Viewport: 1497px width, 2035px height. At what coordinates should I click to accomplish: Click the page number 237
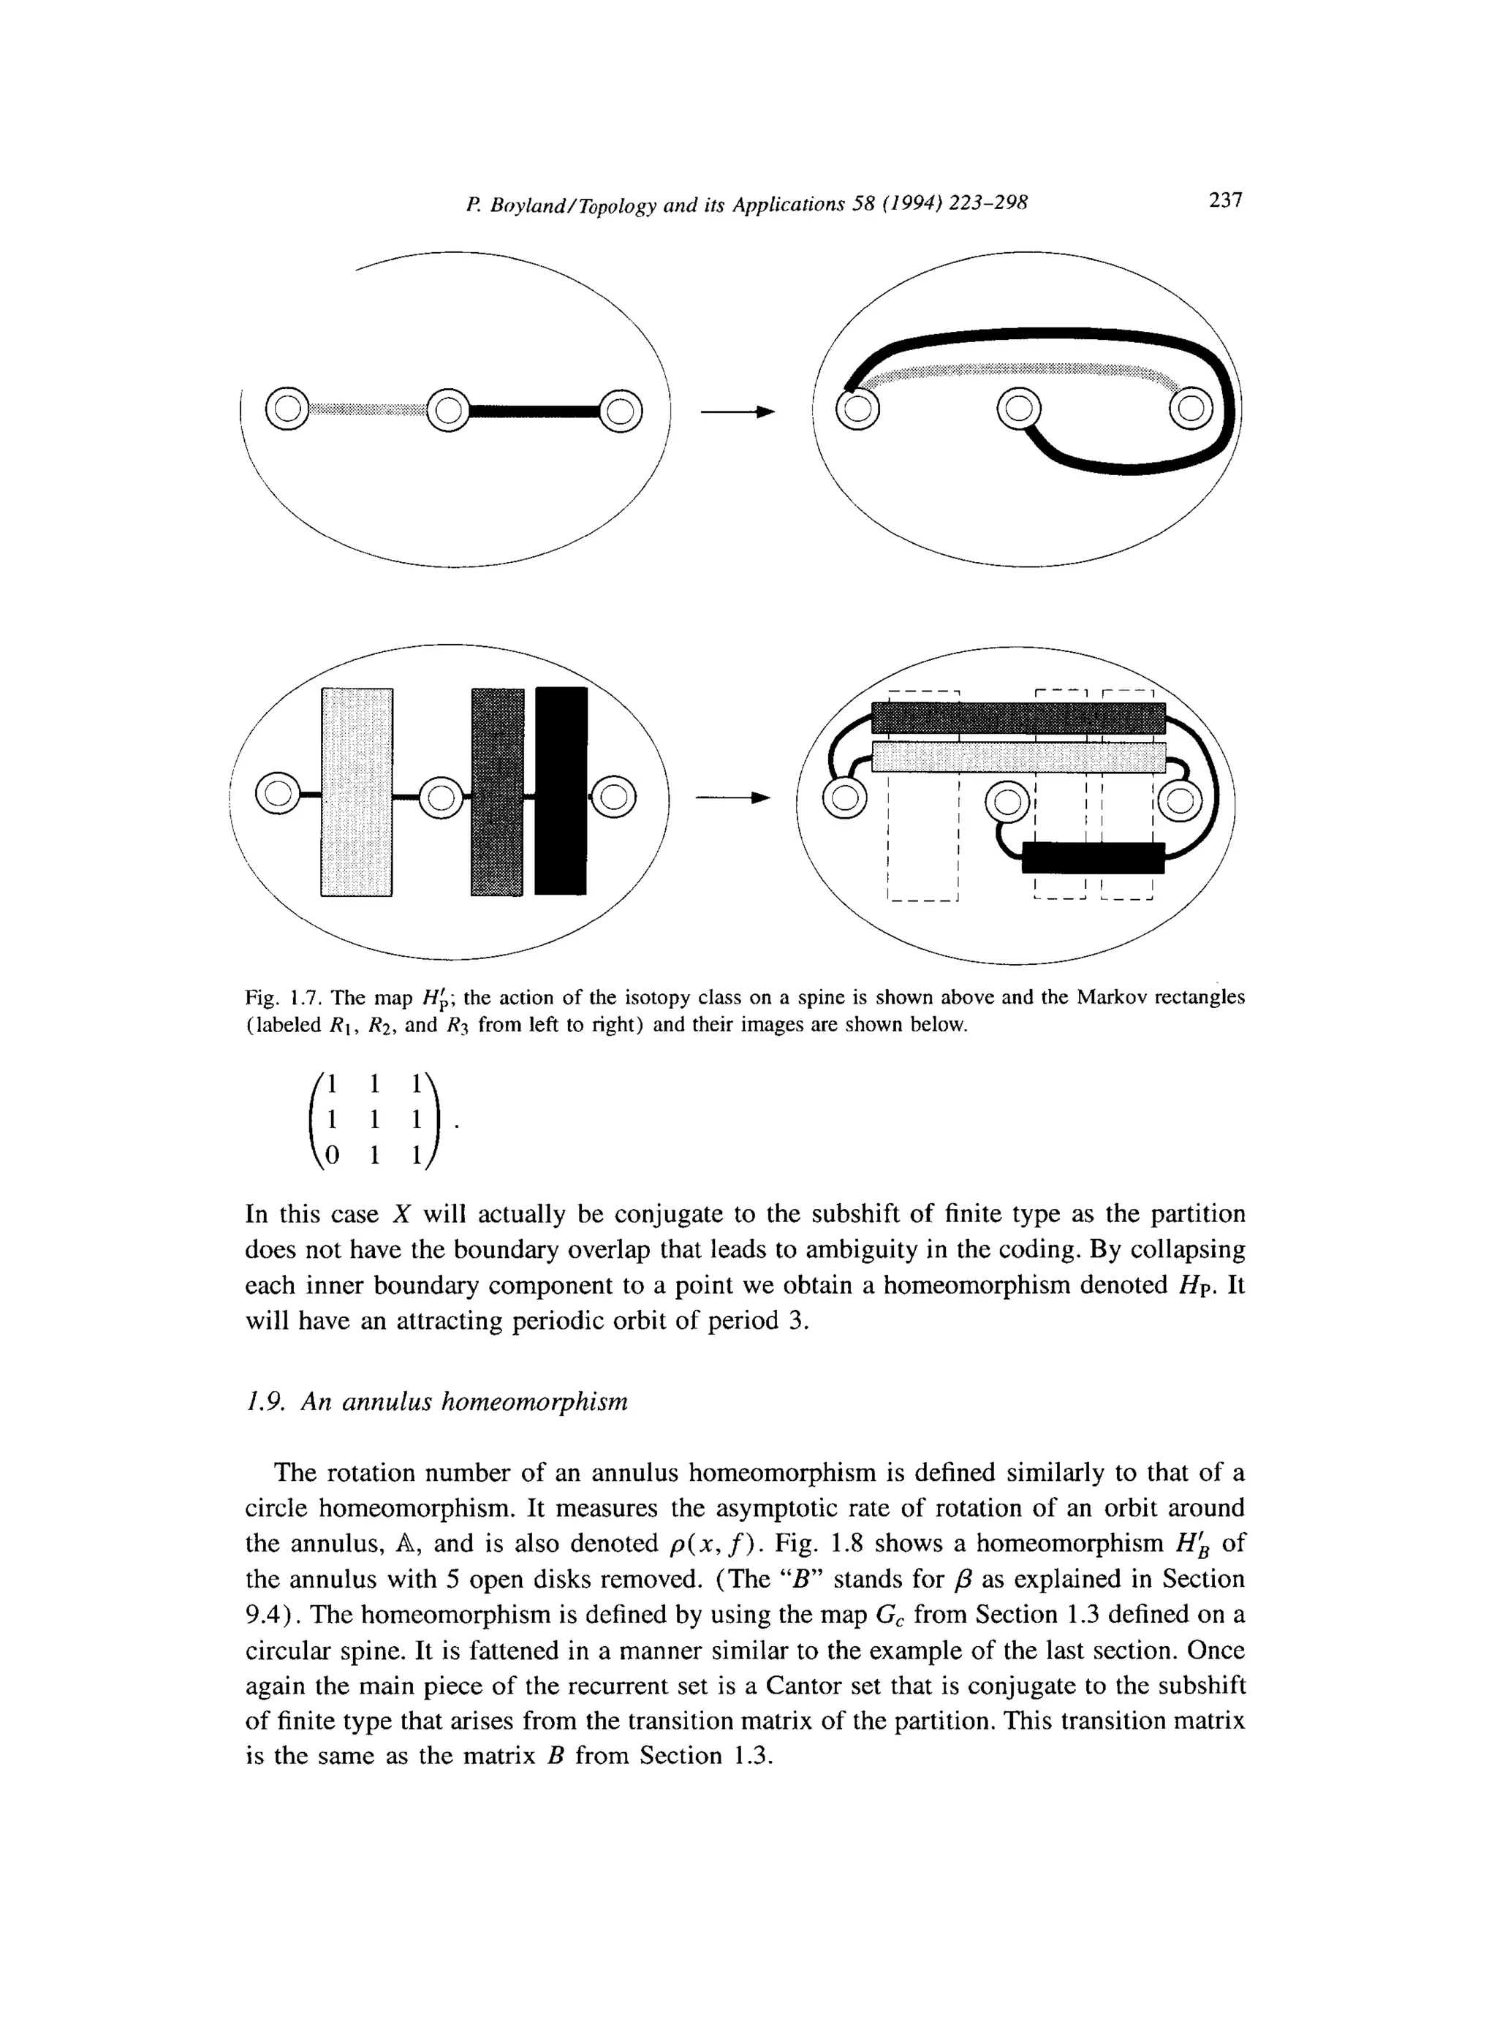click(1224, 200)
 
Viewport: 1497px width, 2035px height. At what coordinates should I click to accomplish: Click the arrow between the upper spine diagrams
click(738, 412)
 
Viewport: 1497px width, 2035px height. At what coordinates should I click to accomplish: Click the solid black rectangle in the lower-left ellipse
click(561, 790)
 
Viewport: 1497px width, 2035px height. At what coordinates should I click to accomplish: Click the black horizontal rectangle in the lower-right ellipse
click(1093, 857)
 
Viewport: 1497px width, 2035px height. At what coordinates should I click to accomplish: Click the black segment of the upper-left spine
click(534, 412)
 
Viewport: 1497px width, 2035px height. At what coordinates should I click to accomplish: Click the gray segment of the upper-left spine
click(366, 412)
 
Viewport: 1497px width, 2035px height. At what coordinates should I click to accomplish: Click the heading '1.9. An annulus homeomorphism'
click(437, 1402)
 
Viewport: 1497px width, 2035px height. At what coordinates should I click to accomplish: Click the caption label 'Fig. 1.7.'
click(284, 998)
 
